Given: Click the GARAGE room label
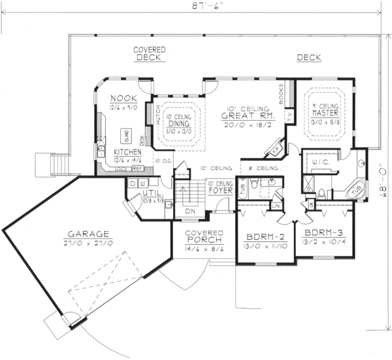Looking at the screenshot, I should point(90,233).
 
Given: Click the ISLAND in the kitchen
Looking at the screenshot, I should point(126,135).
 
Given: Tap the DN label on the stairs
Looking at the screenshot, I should point(189,212).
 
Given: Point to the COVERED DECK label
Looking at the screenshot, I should point(150,54).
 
